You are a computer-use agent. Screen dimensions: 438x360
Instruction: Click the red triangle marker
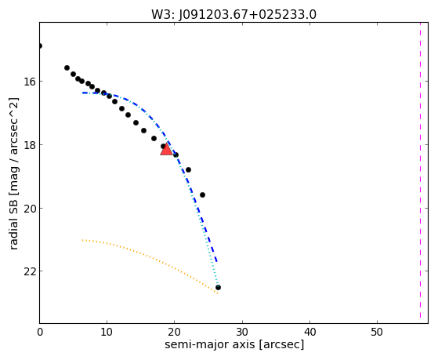pos(166,149)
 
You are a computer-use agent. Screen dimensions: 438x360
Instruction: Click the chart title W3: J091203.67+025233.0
pos(233,15)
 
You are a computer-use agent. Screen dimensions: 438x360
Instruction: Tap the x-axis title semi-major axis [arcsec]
pos(234,344)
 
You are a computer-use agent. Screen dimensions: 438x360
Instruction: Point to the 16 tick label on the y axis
pos(29,82)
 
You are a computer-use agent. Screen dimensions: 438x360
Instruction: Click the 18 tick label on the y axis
pos(29,145)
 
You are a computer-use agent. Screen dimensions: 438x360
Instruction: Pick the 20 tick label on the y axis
pos(29,209)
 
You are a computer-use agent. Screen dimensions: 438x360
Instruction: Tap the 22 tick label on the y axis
pos(29,271)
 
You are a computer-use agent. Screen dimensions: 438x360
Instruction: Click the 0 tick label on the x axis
pos(40,332)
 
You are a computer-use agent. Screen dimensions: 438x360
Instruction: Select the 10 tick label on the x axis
pos(107,332)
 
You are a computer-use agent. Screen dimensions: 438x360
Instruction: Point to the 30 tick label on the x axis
pos(242,332)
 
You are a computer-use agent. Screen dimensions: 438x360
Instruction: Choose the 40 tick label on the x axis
pos(309,332)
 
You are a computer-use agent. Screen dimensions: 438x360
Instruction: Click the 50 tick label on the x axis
pos(377,332)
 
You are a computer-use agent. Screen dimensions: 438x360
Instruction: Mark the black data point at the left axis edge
pos(40,45)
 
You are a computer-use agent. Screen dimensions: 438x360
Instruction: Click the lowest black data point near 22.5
pos(218,288)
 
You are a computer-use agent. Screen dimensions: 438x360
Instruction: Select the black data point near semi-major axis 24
pos(202,195)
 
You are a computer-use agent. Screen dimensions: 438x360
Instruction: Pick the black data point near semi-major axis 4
pos(67,68)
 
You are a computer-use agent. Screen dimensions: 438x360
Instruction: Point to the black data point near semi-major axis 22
pos(188,169)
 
